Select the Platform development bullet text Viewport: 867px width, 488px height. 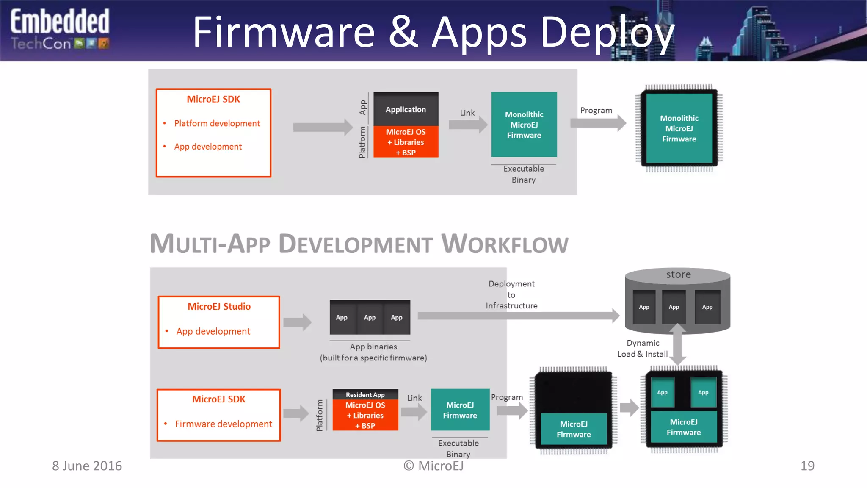click(x=217, y=123)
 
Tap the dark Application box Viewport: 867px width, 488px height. click(x=406, y=109)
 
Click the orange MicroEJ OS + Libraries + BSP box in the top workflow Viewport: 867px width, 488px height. click(x=406, y=142)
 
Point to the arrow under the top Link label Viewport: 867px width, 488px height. click(x=468, y=125)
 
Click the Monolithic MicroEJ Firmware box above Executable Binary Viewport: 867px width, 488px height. click(x=524, y=125)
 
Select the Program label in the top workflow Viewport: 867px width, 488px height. click(x=596, y=111)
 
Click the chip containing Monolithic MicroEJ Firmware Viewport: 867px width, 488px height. click(x=679, y=128)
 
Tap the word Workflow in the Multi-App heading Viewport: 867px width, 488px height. click(x=505, y=244)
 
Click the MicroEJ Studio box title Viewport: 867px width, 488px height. click(x=219, y=306)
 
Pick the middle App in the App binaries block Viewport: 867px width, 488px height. click(x=370, y=318)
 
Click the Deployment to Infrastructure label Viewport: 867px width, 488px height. click(x=511, y=294)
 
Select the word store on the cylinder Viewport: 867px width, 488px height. click(x=678, y=274)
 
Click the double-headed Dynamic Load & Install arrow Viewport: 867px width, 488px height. click(x=678, y=344)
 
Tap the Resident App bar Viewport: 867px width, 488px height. click(x=365, y=395)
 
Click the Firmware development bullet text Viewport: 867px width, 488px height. click(x=224, y=424)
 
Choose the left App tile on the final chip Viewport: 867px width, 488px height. click(x=662, y=393)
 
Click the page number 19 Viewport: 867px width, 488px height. click(x=807, y=466)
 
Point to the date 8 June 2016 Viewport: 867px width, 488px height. click(x=87, y=466)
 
